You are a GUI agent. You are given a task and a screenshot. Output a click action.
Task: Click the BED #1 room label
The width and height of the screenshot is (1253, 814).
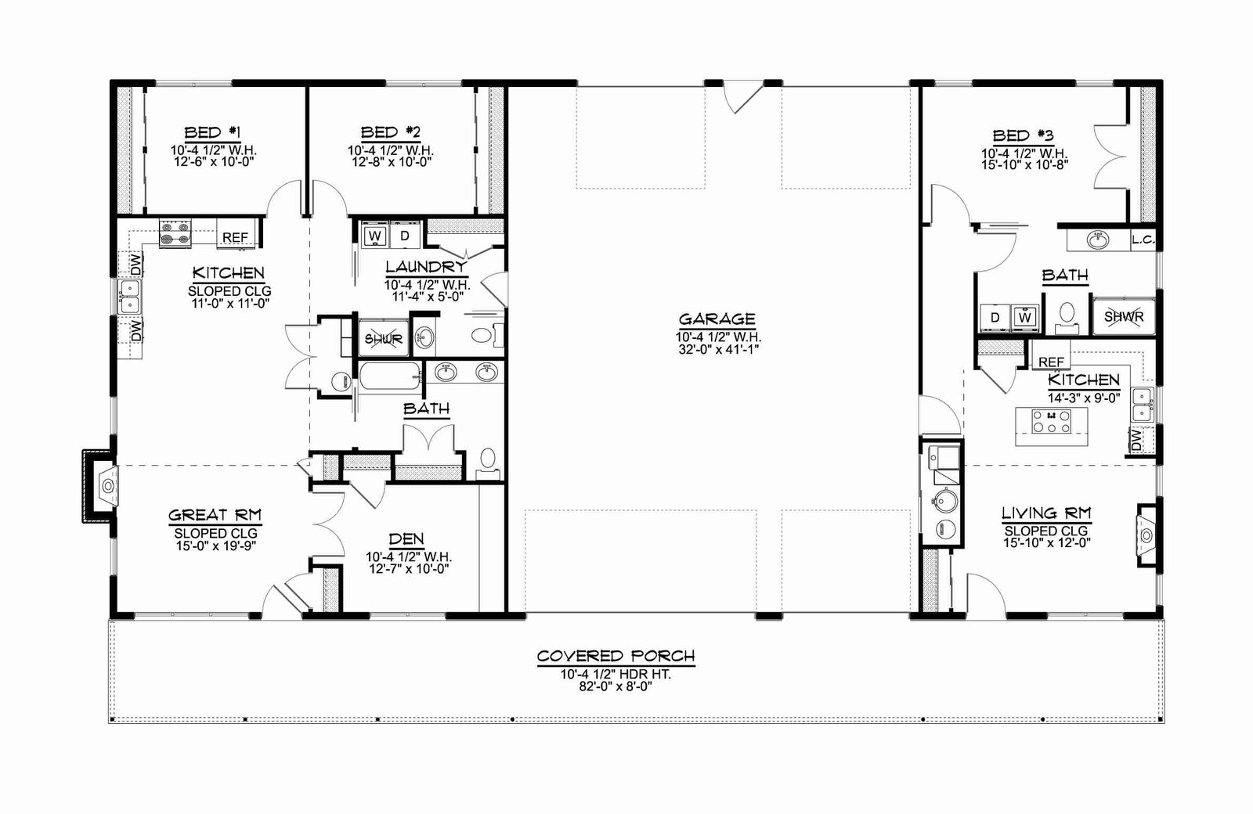[212, 132]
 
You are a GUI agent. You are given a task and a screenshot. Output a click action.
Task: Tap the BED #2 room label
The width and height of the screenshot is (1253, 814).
[390, 132]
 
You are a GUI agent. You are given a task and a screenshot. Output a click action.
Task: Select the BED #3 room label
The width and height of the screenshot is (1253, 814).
[1023, 136]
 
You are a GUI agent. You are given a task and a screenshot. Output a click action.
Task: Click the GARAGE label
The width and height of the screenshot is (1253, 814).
[717, 319]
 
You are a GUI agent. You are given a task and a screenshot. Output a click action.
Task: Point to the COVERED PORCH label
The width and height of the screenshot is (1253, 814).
[616, 656]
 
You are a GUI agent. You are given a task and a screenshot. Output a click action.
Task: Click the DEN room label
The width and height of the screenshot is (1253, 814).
[406, 539]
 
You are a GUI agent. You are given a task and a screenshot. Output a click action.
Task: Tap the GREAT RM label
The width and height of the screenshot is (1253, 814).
[215, 515]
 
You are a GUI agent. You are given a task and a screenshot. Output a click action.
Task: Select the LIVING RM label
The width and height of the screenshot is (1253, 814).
[1046, 513]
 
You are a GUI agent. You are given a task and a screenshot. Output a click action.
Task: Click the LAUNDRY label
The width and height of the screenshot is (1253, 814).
[426, 267]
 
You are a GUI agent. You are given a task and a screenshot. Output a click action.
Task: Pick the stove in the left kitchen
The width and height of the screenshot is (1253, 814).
[175, 233]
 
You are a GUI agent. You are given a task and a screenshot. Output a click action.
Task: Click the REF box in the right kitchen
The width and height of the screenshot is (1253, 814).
[1051, 362]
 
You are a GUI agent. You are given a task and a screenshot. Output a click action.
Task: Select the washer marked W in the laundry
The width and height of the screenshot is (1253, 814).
[375, 236]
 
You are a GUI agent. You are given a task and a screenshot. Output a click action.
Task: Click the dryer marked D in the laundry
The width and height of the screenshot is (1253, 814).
[404, 236]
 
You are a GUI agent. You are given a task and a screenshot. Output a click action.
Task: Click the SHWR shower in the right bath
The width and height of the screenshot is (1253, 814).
[1124, 316]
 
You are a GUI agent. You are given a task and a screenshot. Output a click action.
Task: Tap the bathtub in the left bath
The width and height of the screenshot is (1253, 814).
[390, 376]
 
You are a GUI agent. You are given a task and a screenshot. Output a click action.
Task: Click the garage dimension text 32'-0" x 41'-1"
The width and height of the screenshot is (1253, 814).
[718, 350]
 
